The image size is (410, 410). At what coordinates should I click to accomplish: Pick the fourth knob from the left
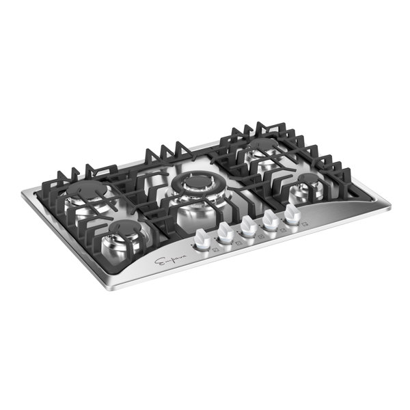(x=271, y=218)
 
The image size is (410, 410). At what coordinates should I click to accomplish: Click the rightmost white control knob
(x=292, y=213)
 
